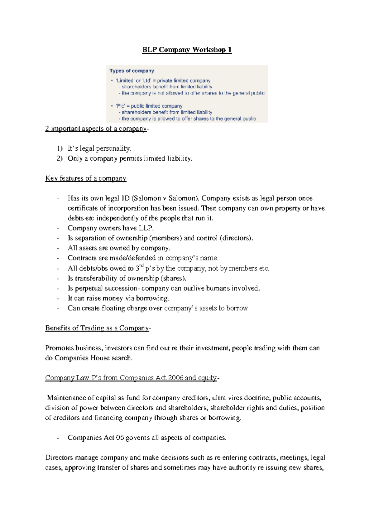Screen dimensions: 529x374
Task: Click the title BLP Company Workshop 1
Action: pyautogui.click(x=187, y=50)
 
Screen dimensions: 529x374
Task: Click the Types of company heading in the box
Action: pyautogui.click(x=132, y=71)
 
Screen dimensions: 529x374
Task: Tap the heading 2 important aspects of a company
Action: pyautogui.click(x=96, y=129)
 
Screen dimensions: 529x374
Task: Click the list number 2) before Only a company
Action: pyautogui.click(x=60, y=158)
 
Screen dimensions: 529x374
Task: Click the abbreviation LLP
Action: pyautogui.click(x=146, y=228)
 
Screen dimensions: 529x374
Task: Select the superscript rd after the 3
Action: pyautogui.click(x=141, y=266)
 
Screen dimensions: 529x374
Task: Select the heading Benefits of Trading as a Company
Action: pyautogui.click(x=97, y=328)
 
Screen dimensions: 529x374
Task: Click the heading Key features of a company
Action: pyautogui.click(x=86, y=178)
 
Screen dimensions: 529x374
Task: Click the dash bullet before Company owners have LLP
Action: pyautogui.click(x=58, y=229)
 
